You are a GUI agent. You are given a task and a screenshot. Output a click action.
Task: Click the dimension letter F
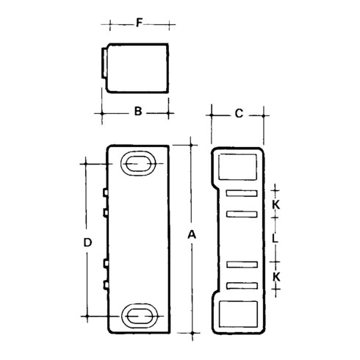[x=139, y=24]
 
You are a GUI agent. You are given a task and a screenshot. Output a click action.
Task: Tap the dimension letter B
[x=137, y=112]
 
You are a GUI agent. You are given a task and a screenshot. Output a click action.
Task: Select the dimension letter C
[x=239, y=113]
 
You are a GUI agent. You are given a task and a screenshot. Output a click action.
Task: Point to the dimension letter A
[x=192, y=235]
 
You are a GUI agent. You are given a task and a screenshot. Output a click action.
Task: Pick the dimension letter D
[x=87, y=242]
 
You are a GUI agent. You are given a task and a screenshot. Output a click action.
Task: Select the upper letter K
[x=276, y=204]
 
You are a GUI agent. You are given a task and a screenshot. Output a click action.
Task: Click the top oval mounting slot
[x=137, y=163]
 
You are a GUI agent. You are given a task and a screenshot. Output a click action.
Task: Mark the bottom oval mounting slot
[x=137, y=316]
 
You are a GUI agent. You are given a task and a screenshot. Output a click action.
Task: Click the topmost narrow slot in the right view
[x=243, y=193]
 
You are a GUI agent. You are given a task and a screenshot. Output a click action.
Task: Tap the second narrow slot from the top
[x=243, y=214]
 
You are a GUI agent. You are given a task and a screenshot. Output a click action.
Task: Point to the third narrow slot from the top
[x=243, y=264]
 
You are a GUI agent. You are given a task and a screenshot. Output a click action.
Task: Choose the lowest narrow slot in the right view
[x=243, y=284]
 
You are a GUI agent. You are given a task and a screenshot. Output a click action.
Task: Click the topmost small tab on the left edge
[x=106, y=192]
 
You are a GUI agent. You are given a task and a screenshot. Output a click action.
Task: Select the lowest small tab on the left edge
[x=106, y=284]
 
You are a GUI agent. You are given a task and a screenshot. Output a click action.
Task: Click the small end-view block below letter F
[x=136, y=68]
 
